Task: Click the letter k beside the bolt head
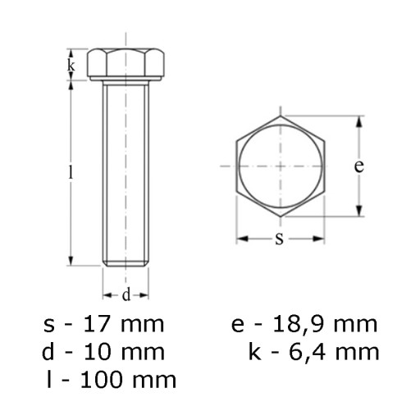[71, 66]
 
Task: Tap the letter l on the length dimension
[71, 172]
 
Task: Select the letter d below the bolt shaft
[126, 295]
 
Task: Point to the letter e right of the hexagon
[358, 166]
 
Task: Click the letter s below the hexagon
[279, 239]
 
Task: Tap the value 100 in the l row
[101, 380]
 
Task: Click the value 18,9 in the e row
[299, 325]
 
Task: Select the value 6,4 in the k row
[307, 353]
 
